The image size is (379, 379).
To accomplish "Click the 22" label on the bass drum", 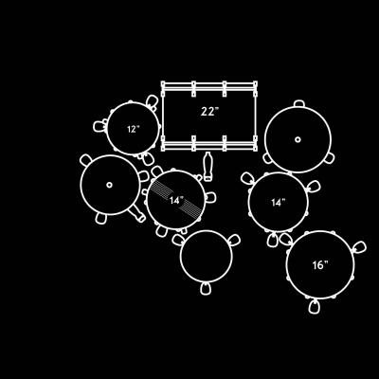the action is click(x=209, y=112).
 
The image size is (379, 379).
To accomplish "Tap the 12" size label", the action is click(x=134, y=129).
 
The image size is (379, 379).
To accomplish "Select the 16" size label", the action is click(x=320, y=265).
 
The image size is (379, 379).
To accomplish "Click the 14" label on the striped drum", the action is click(x=176, y=200).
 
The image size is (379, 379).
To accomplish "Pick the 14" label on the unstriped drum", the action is click(x=279, y=203).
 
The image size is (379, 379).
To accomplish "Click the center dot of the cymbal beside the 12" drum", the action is click(x=109, y=185).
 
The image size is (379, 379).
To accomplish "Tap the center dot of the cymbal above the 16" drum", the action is click(x=298, y=139).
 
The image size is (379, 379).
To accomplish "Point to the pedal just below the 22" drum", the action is click(x=208, y=167).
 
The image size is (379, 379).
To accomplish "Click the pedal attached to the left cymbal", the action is click(x=137, y=213).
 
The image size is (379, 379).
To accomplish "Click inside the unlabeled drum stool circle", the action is click(x=207, y=257).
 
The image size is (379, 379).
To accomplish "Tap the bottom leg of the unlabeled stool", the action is click(x=206, y=289).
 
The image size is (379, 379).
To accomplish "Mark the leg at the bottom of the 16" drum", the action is click(x=314, y=306).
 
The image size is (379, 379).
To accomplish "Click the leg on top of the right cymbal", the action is click(x=298, y=103).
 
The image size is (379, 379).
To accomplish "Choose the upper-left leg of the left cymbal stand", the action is click(x=86, y=160).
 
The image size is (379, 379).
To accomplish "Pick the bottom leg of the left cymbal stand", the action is click(x=100, y=219).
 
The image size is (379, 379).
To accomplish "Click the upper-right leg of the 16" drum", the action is click(x=359, y=247).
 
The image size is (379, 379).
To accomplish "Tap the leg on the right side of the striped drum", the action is click(x=210, y=197).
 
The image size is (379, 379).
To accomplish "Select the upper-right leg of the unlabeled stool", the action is click(x=234, y=241).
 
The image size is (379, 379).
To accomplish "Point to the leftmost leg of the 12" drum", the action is click(x=99, y=126).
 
